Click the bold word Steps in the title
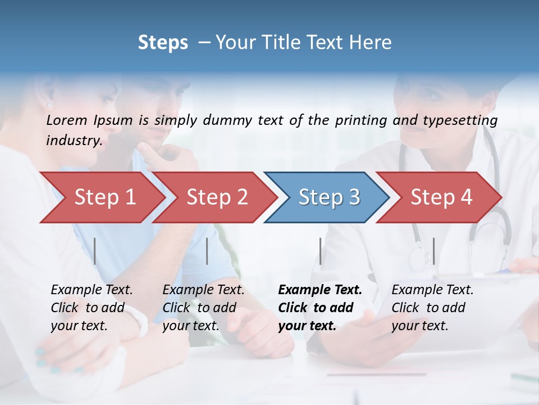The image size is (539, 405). [x=163, y=43]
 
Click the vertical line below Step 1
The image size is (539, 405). [x=95, y=251]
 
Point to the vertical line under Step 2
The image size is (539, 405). [x=207, y=251]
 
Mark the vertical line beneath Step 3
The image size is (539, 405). [x=321, y=251]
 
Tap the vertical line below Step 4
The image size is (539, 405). [x=434, y=251]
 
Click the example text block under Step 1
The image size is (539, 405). [x=92, y=308]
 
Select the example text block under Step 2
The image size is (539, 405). [x=203, y=308]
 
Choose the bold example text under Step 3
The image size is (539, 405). [x=319, y=308]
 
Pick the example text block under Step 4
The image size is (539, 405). [x=432, y=308]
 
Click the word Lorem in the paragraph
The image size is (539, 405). [x=67, y=120]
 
